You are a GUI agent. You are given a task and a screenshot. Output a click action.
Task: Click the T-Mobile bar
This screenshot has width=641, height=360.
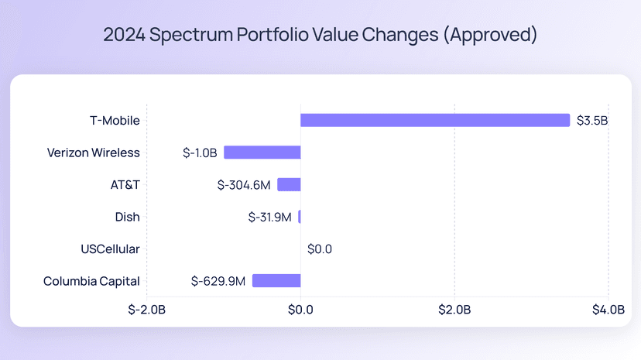pos(435,120)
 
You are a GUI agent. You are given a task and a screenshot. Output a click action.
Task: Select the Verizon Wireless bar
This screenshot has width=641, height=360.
pos(262,153)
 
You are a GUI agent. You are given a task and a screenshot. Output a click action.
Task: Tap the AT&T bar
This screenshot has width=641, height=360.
pos(289,184)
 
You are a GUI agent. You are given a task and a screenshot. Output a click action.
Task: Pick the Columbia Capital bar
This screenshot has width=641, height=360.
pos(276,281)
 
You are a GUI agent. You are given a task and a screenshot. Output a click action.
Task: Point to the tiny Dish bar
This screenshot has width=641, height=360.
pos(300,217)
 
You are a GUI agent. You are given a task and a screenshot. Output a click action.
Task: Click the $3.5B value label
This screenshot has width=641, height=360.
pos(592,121)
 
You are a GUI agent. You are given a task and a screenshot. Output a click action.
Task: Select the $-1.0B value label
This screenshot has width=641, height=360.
pos(200,153)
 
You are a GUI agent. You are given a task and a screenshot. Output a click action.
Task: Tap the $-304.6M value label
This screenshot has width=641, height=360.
pos(244,185)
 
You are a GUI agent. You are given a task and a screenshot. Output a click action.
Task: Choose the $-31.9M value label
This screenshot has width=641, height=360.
pos(270,218)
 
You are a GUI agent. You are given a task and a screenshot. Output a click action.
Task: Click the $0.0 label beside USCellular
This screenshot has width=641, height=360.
pos(320,249)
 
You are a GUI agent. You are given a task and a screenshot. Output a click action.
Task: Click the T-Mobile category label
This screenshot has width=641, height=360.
pos(115,121)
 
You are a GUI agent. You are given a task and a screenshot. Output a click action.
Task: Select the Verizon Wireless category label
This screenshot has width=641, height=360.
pos(94,153)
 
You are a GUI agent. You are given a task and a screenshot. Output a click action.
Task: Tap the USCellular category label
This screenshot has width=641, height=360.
pos(110,249)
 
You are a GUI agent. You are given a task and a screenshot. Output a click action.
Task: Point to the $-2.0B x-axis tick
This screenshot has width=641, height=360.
pos(146,310)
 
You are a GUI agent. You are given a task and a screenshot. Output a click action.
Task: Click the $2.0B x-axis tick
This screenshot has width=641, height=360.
pos(454,310)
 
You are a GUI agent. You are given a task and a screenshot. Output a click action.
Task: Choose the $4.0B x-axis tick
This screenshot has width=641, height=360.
pos(608,310)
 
